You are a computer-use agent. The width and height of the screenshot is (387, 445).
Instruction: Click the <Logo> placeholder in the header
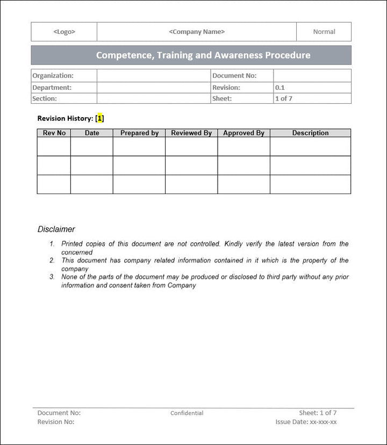click(x=64, y=32)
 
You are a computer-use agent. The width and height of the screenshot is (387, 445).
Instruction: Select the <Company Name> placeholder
click(x=197, y=32)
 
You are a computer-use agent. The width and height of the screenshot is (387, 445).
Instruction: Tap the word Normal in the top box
click(x=324, y=32)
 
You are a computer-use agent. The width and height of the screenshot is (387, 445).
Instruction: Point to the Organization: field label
click(x=53, y=76)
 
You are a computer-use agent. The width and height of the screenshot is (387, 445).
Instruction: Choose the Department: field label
click(x=52, y=87)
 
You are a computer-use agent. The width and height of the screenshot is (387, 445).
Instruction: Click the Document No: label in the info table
click(x=234, y=76)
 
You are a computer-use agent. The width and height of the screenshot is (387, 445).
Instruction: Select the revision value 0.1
click(x=280, y=87)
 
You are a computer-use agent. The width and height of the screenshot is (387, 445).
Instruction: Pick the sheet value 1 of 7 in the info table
click(x=284, y=98)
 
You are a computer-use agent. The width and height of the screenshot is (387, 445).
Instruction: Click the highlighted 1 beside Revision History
click(x=100, y=118)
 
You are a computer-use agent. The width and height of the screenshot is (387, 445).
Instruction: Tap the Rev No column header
click(x=54, y=133)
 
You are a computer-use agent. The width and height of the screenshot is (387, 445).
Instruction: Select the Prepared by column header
click(x=139, y=133)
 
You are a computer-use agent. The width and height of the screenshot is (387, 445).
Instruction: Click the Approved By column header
click(x=243, y=133)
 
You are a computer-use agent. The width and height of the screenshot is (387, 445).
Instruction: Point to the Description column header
click(x=310, y=133)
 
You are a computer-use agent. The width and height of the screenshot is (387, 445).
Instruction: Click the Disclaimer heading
click(x=56, y=229)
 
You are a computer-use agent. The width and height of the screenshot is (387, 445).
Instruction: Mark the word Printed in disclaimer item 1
click(x=73, y=243)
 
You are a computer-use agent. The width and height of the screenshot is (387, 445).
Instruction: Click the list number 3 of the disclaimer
click(x=52, y=277)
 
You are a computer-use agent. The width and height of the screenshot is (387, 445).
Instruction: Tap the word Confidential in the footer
click(x=187, y=413)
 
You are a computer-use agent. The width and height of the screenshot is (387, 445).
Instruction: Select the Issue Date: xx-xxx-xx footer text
click(x=306, y=422)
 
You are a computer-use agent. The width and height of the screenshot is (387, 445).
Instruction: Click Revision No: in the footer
click(x=56, y=422)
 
